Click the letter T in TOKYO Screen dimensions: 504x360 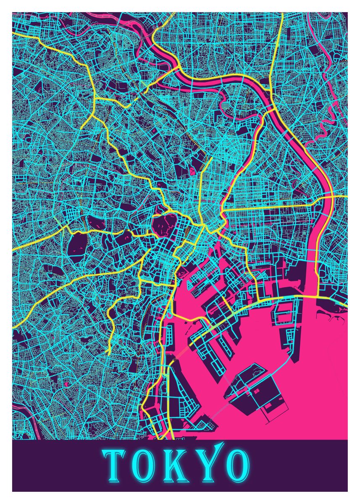(113, 466)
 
